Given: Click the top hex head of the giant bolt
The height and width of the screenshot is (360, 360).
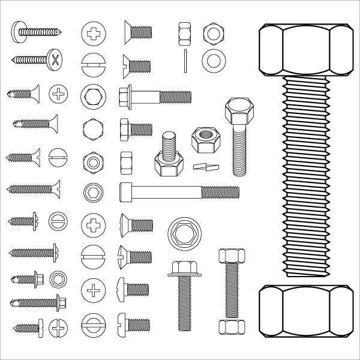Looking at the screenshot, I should pos(305,52).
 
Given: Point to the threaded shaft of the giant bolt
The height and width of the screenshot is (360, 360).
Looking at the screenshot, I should pos(305,180).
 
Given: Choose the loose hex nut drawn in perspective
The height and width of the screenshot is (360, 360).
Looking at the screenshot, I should pos(206,140).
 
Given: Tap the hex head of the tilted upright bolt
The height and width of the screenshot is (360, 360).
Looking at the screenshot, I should pos(236,112).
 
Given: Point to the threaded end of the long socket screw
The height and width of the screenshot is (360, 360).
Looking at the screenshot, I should pos(220,192).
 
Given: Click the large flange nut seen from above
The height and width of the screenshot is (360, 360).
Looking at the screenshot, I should pos(181,233).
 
